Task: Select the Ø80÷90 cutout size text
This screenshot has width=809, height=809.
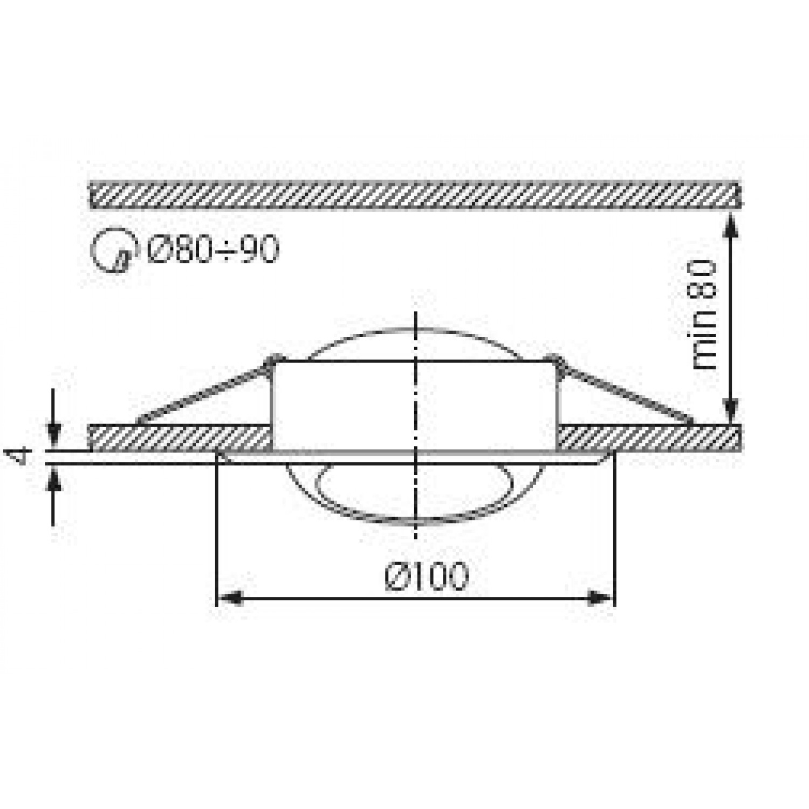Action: [x=212, y=249]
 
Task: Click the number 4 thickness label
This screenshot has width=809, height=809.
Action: [x=20, y=456]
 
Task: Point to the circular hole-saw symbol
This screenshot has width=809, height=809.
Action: [x=112, y=250]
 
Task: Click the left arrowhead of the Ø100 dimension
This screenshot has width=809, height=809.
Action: [x=229, y=598]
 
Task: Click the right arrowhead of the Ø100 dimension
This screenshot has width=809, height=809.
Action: [x=601, y=598]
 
